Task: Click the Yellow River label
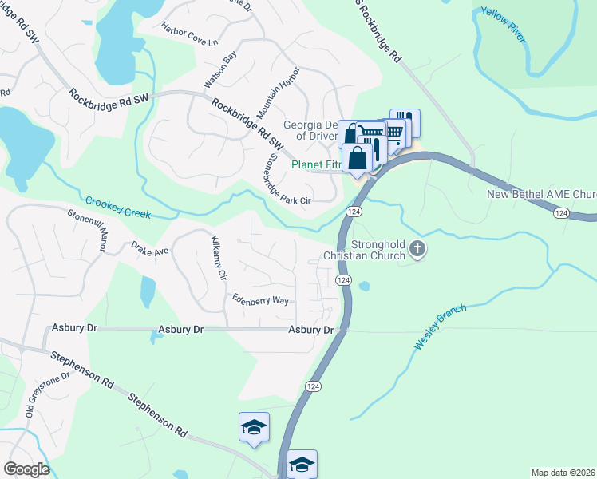point(510,30)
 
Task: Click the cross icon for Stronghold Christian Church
point(417,251)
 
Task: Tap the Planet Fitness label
point(316,165)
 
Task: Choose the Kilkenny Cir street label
point(217,257)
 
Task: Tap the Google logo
point(26,469)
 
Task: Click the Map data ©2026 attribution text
point(562,473)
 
